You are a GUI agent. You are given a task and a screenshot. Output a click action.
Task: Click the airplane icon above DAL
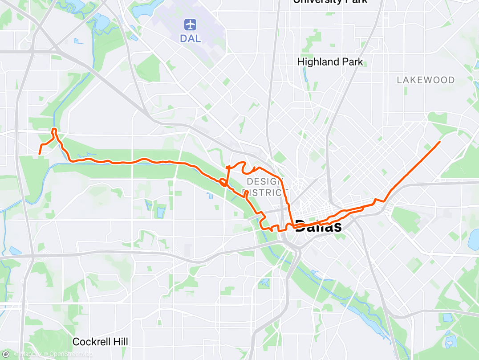191,24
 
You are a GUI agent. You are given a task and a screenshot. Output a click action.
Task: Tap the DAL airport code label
191,38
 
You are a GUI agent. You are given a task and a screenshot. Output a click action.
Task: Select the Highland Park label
330,62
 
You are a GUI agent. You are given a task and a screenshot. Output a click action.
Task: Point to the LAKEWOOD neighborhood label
426,80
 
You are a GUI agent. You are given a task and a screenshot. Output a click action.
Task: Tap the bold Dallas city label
319,226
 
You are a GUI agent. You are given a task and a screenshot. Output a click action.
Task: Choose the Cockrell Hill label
100,342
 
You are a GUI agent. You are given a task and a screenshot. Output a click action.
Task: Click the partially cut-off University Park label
330,1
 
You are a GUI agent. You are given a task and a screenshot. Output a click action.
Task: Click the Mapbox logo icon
5,354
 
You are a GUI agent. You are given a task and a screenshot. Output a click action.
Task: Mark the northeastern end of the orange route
440,142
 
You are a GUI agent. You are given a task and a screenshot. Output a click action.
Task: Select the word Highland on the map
317,62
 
